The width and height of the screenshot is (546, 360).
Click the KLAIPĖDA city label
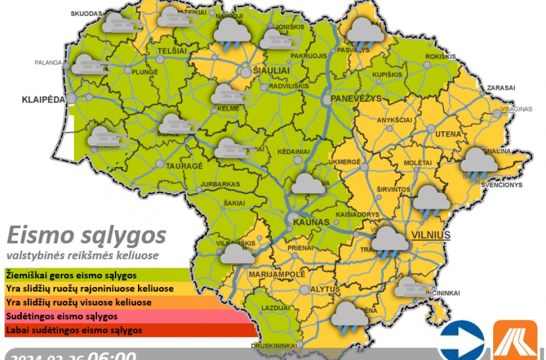point(43,99)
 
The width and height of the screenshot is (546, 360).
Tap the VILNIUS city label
point(430,235)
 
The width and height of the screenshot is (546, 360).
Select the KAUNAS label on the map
point(310,222)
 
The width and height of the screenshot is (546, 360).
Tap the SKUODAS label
point(86,13)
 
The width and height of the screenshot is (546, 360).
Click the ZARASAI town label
point(501,88)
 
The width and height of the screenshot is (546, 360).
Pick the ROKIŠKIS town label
point(440,56)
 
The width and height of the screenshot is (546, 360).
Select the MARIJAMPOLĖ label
point(276,274)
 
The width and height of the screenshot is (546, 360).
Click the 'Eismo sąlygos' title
point(86,235)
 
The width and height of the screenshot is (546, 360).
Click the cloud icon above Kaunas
point(309,185)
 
